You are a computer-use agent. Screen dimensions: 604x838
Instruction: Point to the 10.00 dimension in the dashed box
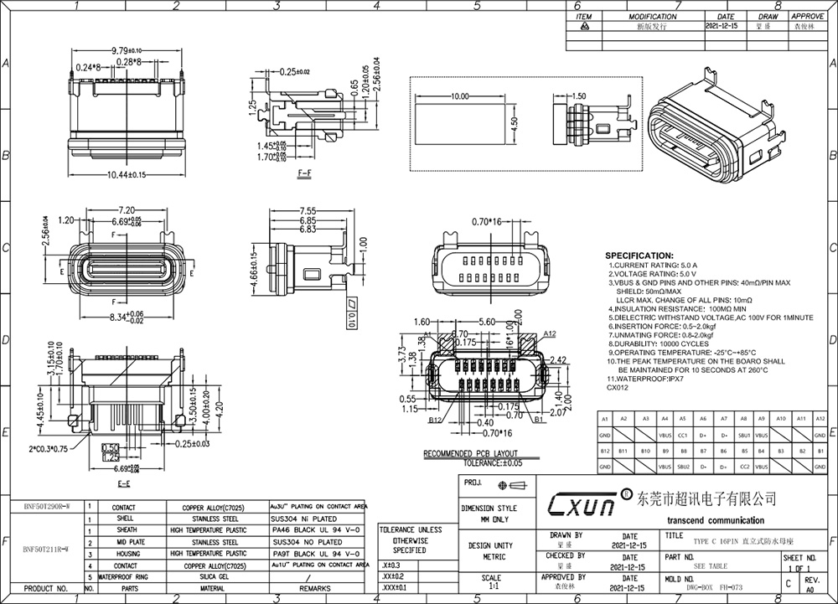pos(458,97)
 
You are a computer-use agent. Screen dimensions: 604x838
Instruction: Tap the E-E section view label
pos(123,484)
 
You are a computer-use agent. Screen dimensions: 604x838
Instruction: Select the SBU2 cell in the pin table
pos(684,466)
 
